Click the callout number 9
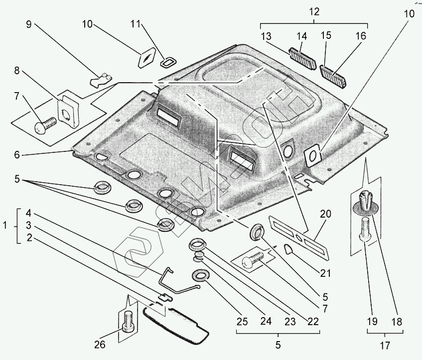click(29, 25)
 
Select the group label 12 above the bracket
click(313, 10)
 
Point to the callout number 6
click(17, 155)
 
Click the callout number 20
click(325, 215)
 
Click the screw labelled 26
click(128, 322)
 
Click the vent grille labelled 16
click(333, 75)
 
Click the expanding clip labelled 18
click(366, 201)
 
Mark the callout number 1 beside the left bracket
click(5, 225)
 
